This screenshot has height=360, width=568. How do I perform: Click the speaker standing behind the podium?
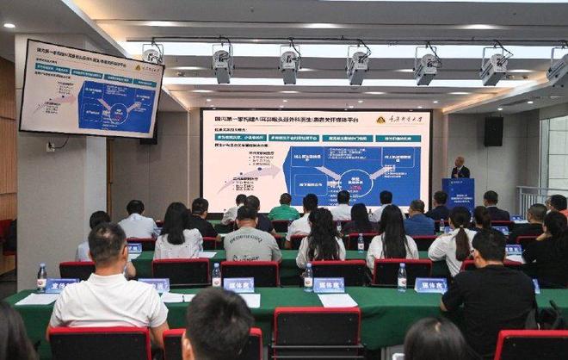coord(460,168)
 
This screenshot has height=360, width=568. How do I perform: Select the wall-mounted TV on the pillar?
coord(90,89)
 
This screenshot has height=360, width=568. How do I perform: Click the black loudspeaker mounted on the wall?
coord(493,131)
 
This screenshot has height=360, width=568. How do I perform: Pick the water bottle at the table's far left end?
coord(41,278)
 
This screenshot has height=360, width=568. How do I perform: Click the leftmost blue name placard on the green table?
coord(61,285)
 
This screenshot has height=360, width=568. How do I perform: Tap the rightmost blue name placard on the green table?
coord(430,285)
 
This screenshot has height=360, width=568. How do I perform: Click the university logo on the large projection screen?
coord(381,119)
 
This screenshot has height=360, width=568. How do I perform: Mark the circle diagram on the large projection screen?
coord(355,182)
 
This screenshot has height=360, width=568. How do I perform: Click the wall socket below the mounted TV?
coord(51,147)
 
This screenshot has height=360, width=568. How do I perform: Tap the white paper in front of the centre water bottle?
coord(336,300)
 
